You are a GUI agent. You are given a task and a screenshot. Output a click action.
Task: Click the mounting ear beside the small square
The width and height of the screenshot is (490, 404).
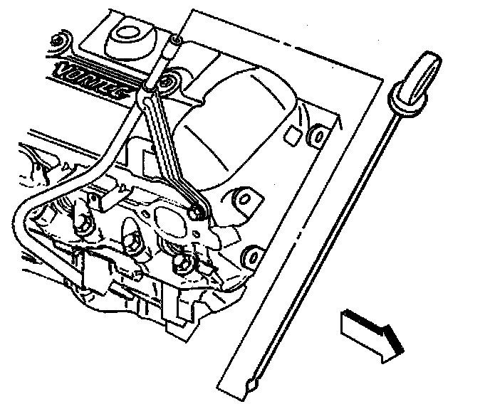point(318,134)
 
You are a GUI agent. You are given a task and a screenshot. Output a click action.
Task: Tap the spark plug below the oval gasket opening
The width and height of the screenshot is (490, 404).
point(181,264)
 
